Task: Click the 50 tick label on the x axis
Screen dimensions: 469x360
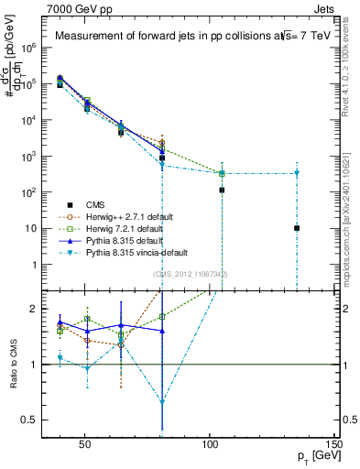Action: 84,446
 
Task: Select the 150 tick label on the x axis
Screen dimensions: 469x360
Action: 333,446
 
